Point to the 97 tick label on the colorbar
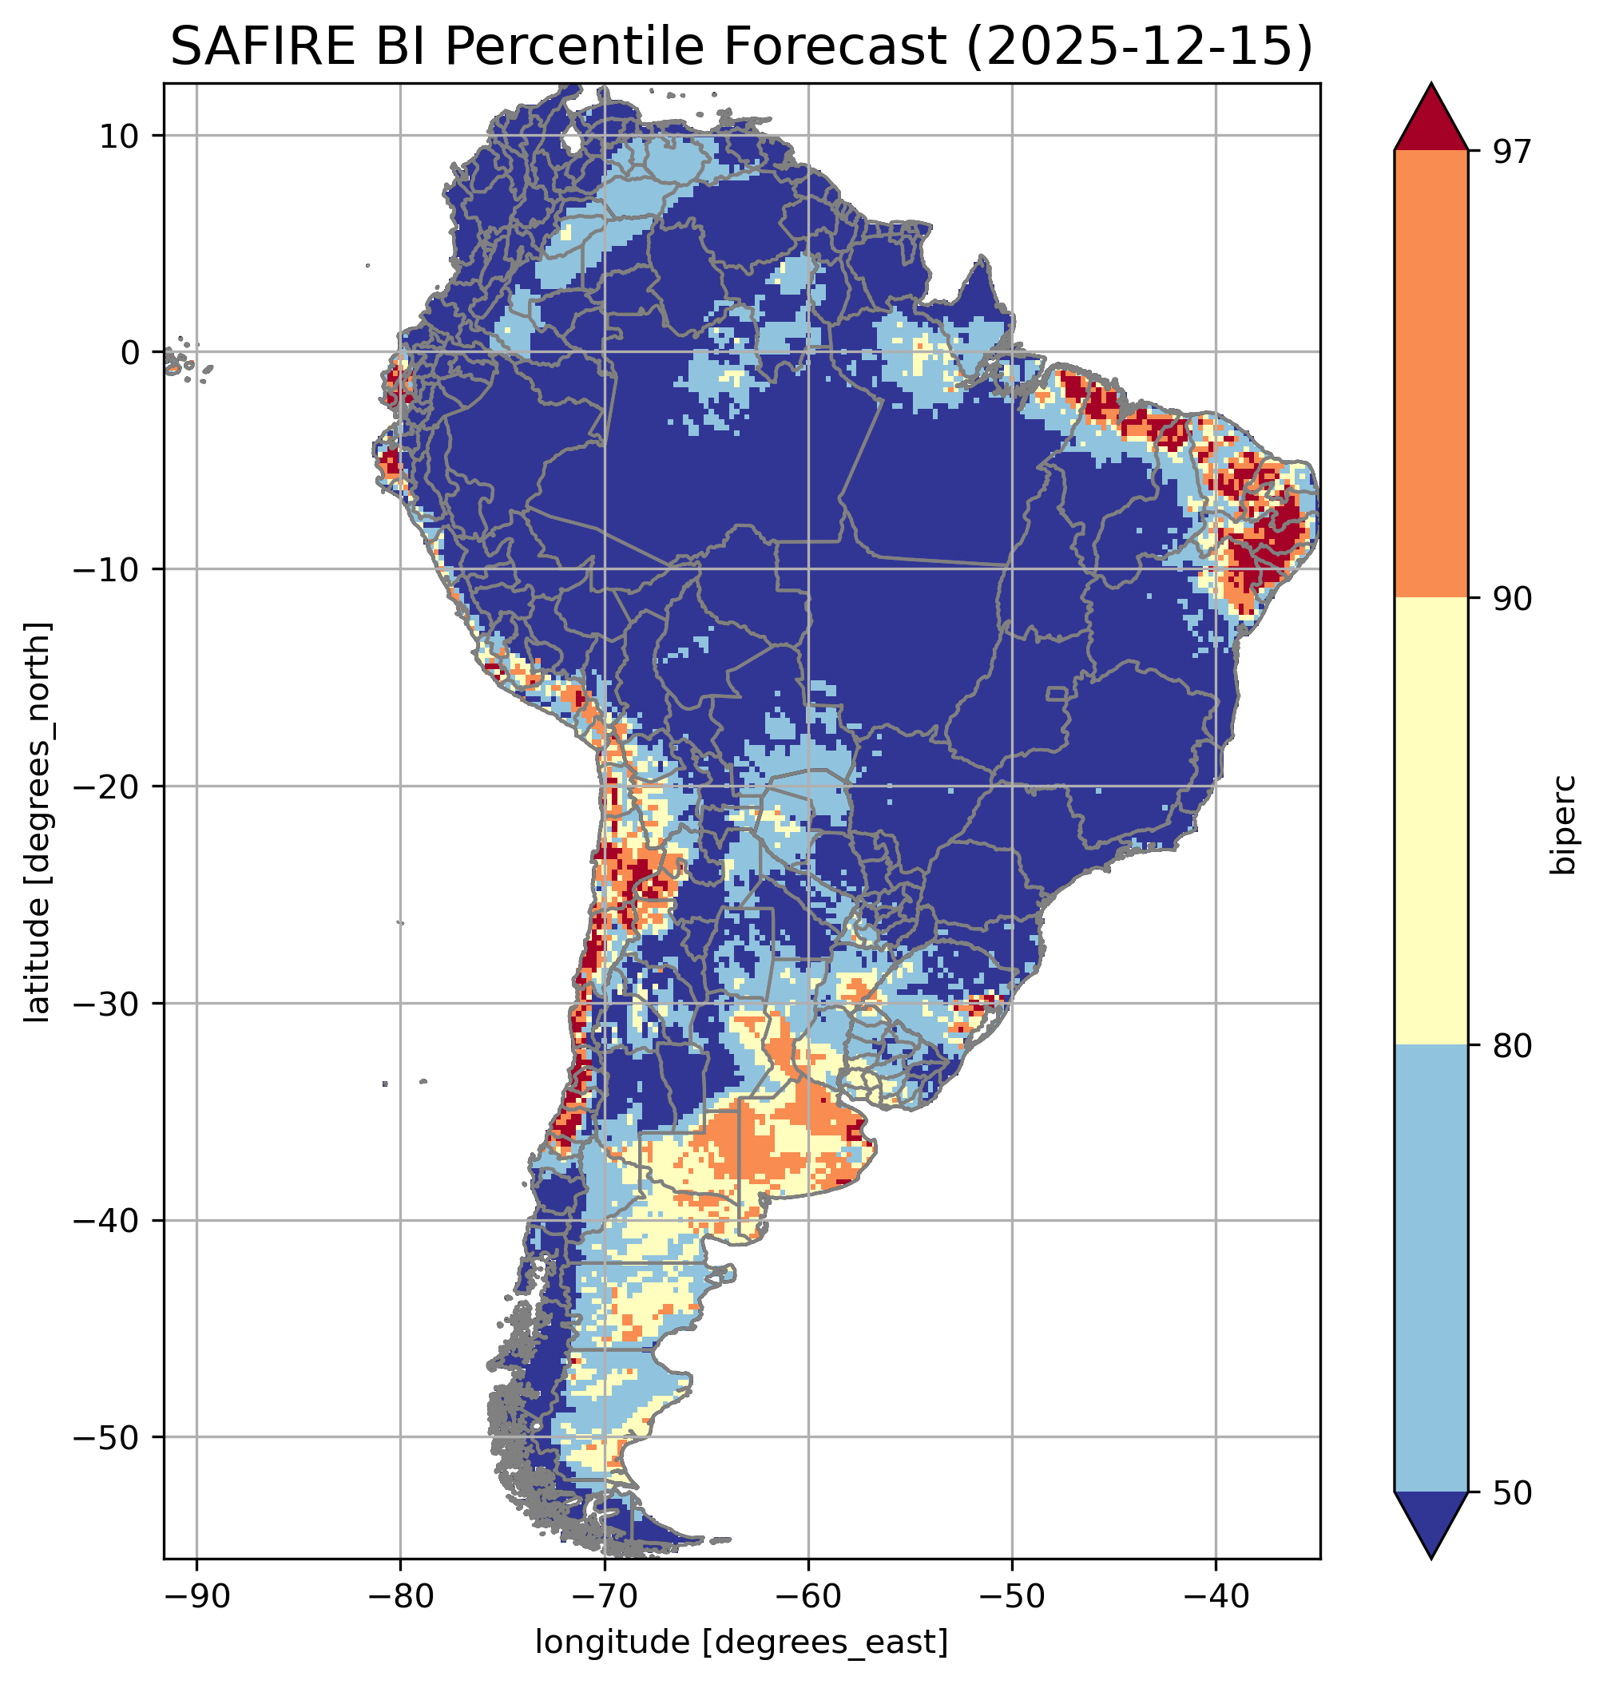click(1513, 151)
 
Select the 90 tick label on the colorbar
click(1513, 599)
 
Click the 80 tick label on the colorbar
click(1513, 1046)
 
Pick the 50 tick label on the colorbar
click(1513, 1493)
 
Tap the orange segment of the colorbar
click(1431, 374)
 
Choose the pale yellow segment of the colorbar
click(1431, 822)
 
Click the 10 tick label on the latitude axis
click(121, 136)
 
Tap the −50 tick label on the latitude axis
click(109, 1438)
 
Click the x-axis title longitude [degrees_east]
click(742, 1641)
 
